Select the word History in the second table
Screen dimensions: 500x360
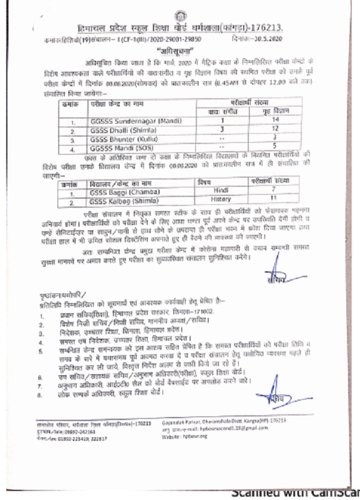[221, 199]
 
